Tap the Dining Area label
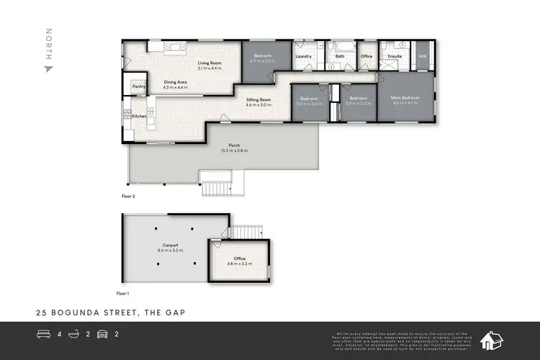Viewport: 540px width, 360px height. pyautogui.click(x=175, y=83)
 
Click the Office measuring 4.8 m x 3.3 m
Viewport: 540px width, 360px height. pyautogui.click(x=240, y=259)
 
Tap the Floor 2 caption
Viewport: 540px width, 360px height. pyautogui.click(x=128, y=194)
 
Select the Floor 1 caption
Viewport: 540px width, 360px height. pyautogui.click(x=122, y=294)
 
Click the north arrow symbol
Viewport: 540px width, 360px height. pyautogui.click(x=48, y=69)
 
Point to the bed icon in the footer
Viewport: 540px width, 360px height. pyautogui.click(x=43, y=335)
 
